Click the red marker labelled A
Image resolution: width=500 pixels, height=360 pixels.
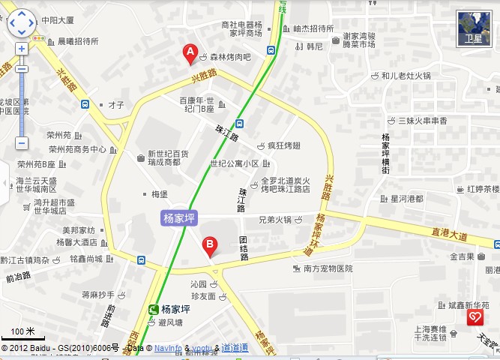pyautogui.click(x=190, y=53)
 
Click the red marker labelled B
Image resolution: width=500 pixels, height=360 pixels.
pyautogui.click(x=211, y=244)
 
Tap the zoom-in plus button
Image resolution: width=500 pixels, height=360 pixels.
pyautogui.click(x=21, y=49)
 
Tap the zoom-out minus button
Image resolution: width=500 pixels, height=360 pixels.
pyautogui.click(x=21, y=142)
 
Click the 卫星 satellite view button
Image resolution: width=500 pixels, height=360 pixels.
pyautogui.click(x=473, y=28)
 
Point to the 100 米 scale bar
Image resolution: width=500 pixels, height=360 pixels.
pyautogui.click(x=23, y=334)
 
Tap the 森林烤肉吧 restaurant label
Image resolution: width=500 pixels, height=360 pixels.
pyautogui.click(x=230, y=56)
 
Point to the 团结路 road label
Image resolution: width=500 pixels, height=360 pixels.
pyautogui.click(x=244, y=247)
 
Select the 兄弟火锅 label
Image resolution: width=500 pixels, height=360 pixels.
pyautogui.click(x=274, y=220)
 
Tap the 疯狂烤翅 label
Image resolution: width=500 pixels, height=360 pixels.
pyautogui.click(x=283, y=145)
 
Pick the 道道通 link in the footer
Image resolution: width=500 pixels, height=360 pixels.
pyautogui.click(x=235, y=349)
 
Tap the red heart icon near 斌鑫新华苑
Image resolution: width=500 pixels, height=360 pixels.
pyautogui.click(x=474, y=319)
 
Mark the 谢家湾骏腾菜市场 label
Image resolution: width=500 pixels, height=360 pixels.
pyautogui.click(x=359, y=40)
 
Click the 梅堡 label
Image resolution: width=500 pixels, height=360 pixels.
pyautogui.click(x=158, y=193)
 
